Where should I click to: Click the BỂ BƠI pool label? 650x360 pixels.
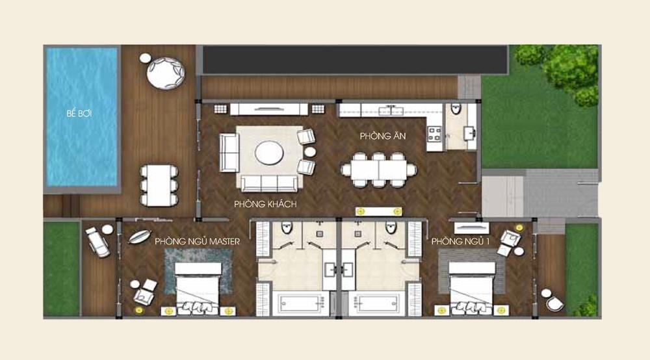(79, 113)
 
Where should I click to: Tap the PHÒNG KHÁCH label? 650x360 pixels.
(265, 204)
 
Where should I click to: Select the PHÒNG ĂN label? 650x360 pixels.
(383, 136)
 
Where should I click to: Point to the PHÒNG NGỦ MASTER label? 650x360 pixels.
(198, 241)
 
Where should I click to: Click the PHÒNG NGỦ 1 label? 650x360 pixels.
(458, 241)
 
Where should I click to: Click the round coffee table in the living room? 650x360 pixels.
(269, 153)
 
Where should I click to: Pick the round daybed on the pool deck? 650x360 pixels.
(165, 73)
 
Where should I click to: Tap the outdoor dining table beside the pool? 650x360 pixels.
(159, 185)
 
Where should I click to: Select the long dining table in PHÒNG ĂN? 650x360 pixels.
(379, 170)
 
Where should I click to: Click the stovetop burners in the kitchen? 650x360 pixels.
(434, 134)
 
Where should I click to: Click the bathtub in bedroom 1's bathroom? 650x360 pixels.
(377, 303)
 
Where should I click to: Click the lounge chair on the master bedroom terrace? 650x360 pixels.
(98, 242)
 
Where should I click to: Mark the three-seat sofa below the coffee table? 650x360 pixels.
(270, 183)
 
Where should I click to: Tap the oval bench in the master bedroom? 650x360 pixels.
(139, 236)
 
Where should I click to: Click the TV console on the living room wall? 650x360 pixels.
(269, 109)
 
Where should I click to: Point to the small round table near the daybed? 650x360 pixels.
(145, 58)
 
